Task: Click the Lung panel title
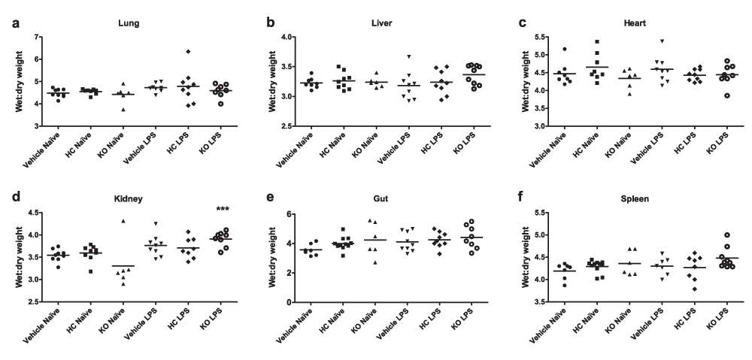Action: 129,23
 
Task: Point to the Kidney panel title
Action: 129,201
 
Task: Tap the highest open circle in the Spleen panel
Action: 727,235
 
